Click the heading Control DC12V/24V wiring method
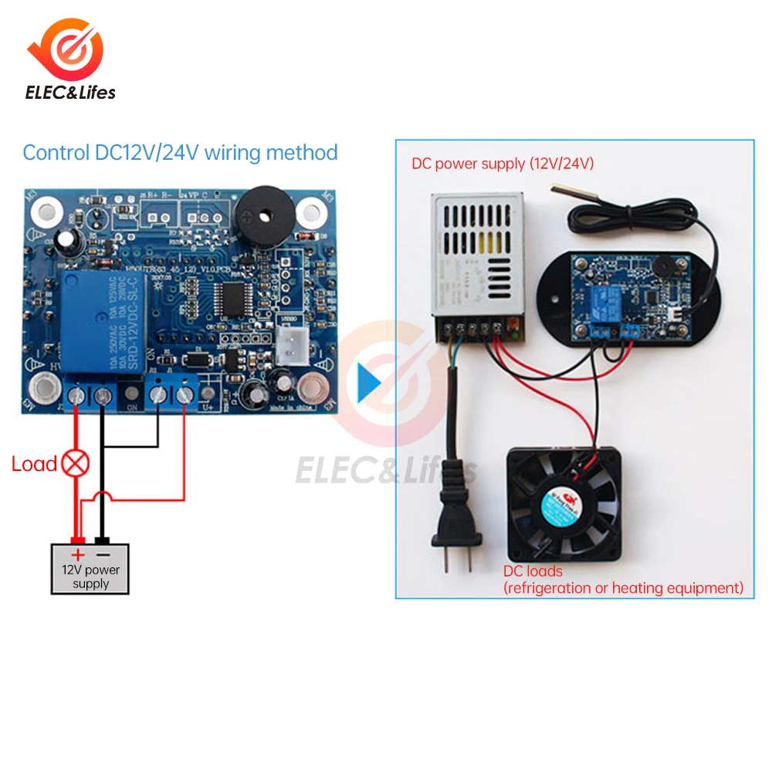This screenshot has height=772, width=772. pos(180,152)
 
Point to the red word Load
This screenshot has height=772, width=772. pos(34,464)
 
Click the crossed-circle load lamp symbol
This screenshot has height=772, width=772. pos(76,464)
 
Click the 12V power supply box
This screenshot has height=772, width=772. pos(91,569)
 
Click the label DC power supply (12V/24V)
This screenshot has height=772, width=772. pos(503,164)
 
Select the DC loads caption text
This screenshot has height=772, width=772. pos(623,580)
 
